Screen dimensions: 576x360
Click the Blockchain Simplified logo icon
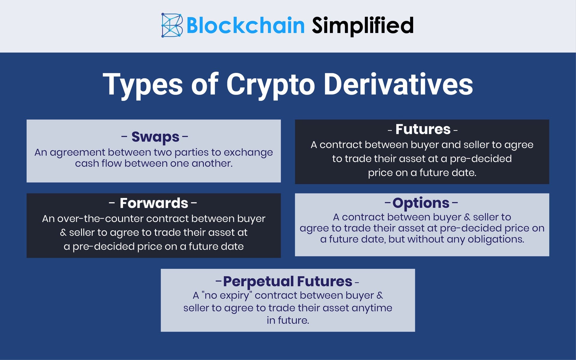pyautogui.click(x=172, y=25)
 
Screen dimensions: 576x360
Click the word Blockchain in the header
pyautogui.click(x=245, y=25)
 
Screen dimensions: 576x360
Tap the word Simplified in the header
pyautogui.click(x=363, y=25)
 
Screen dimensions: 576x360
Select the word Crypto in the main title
pyautogui.click(x=270, y=85)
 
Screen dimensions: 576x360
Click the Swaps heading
pyautogui.click(x=155, y=137)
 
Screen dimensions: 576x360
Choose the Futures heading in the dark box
pyautogui.click(x=423, y=129)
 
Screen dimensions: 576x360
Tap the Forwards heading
pyautogui.click(x=154, y=203)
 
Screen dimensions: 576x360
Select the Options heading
pyautogui.click(x=421, y=203)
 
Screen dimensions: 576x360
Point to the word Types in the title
pyautogui.click(x=142, y=85)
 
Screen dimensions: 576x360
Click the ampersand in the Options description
pyautogui.click(x=467, y=217)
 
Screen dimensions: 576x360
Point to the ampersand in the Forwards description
pyautogui.click(x=63, y=232)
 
